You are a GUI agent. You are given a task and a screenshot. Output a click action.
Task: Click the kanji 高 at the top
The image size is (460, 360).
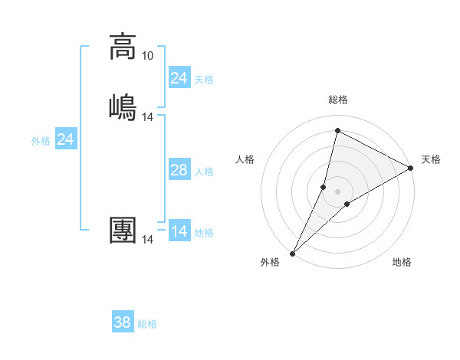pos(123,47)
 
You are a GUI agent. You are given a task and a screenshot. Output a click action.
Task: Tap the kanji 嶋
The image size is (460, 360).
pos(123,106)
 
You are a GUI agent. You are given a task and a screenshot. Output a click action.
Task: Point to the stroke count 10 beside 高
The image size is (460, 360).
pos(147,56)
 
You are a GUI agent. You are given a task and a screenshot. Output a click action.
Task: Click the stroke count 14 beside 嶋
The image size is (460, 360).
pos(148,117)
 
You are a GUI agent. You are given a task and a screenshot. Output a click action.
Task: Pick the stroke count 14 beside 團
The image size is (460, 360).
pos(148,240)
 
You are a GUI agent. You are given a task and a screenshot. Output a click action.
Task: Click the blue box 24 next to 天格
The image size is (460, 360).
pos(179,78)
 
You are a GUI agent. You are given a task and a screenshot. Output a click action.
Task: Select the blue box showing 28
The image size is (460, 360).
pos(179,170)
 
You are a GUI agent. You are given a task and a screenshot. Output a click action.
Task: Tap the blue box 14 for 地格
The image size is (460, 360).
pos(179,231)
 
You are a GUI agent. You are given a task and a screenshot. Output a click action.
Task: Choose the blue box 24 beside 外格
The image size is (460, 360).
pos(66,139)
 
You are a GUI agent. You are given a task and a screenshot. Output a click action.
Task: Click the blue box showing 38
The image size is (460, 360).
pos(123,322)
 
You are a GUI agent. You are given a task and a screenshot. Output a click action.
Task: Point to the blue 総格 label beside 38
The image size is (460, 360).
pos(147,324)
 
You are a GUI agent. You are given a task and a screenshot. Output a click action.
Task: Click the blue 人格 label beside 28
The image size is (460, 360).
pos(204,172)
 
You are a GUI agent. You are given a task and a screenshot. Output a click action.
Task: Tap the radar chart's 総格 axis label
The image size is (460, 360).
pos(338,100)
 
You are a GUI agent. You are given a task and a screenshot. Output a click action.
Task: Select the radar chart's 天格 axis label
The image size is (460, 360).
pos(431,159)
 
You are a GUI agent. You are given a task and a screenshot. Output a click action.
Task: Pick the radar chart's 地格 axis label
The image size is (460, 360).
pos(402,262)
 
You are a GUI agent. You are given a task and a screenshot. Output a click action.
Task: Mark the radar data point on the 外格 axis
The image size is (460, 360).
pos(292,253)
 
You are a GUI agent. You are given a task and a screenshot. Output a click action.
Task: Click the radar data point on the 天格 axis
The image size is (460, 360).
pos(411,168)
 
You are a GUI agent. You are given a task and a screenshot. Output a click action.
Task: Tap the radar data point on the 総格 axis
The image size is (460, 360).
pos(337,131)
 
